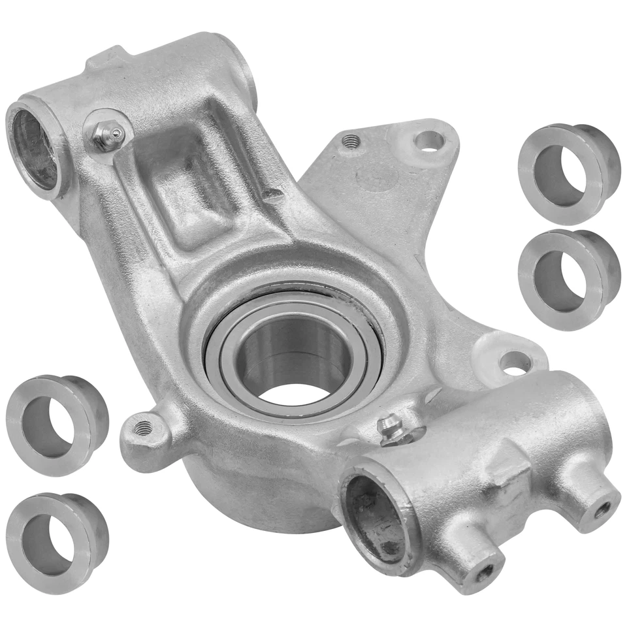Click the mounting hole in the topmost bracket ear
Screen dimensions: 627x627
[429, 139]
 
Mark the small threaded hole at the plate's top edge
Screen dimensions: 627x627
[351, 140]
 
